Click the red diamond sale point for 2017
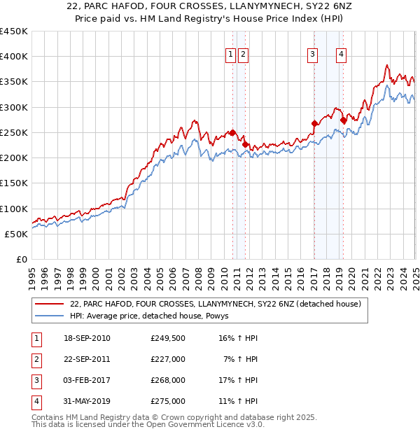tap(314, 124)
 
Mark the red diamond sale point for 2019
tap(344, 120)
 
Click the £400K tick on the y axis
tap(15, 57)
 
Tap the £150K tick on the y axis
tap(15, 183)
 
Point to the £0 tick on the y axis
tap(22, 260)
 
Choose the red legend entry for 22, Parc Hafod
tap(215, 304)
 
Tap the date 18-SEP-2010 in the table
tap(87, 339)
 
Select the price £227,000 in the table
tap(168, 359)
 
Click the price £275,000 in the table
tap(168, 401)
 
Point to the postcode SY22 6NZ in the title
tap(311, 7)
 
